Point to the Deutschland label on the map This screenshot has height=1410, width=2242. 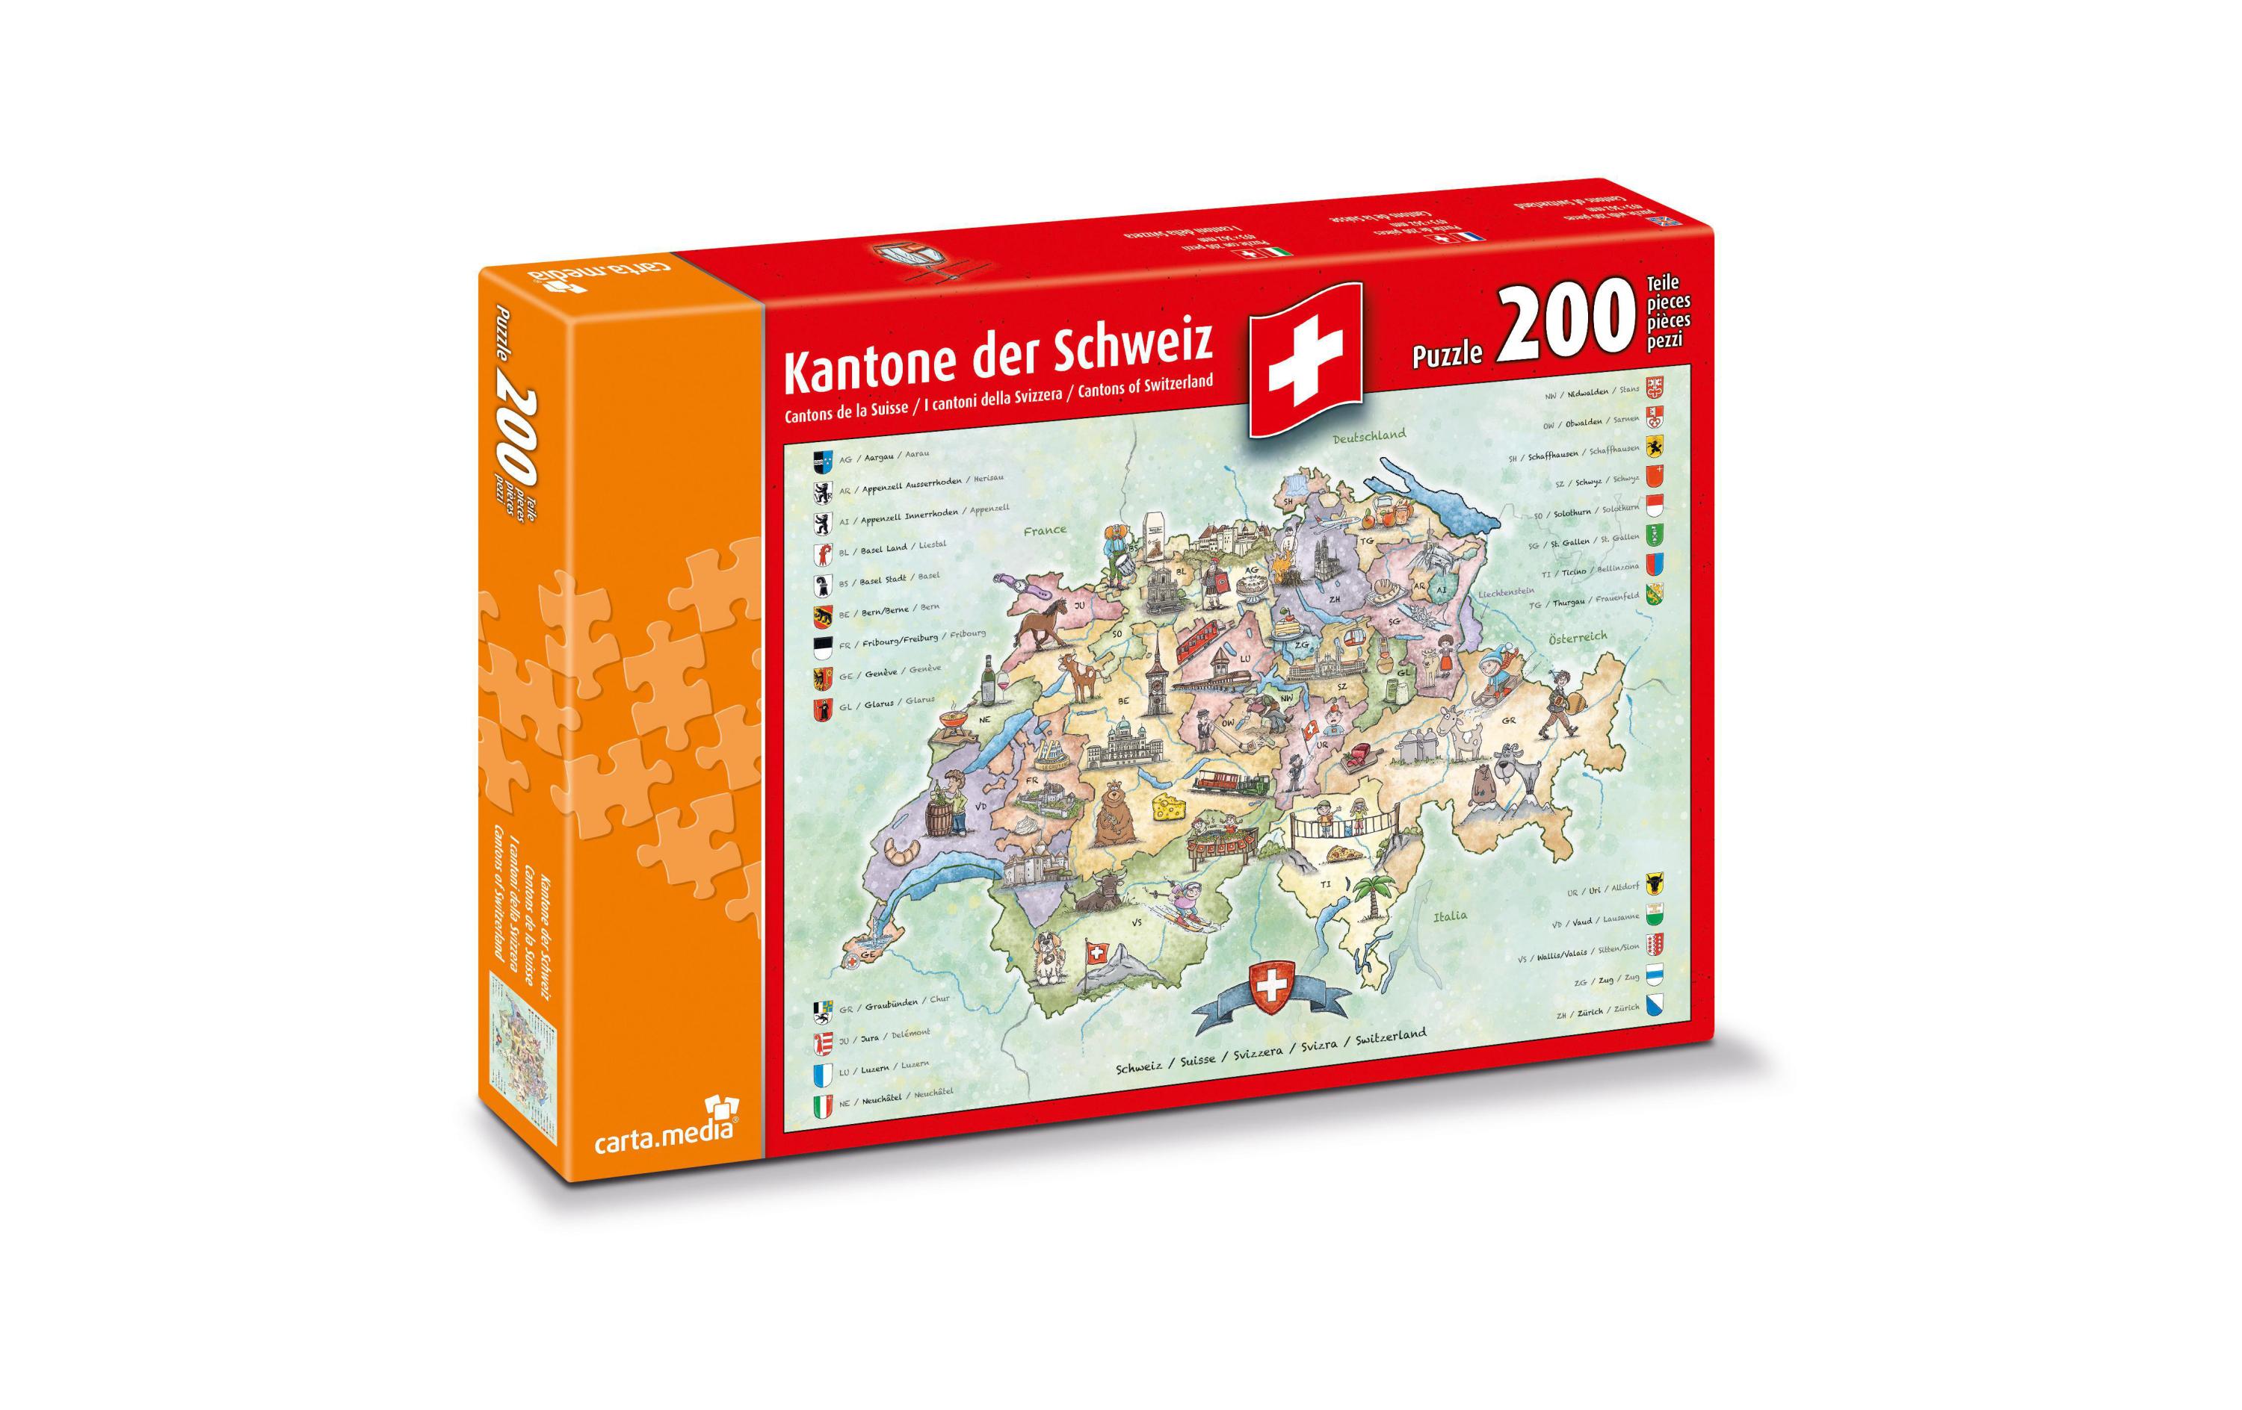click(1368, 435)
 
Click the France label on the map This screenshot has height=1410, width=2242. click(1044, 530)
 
